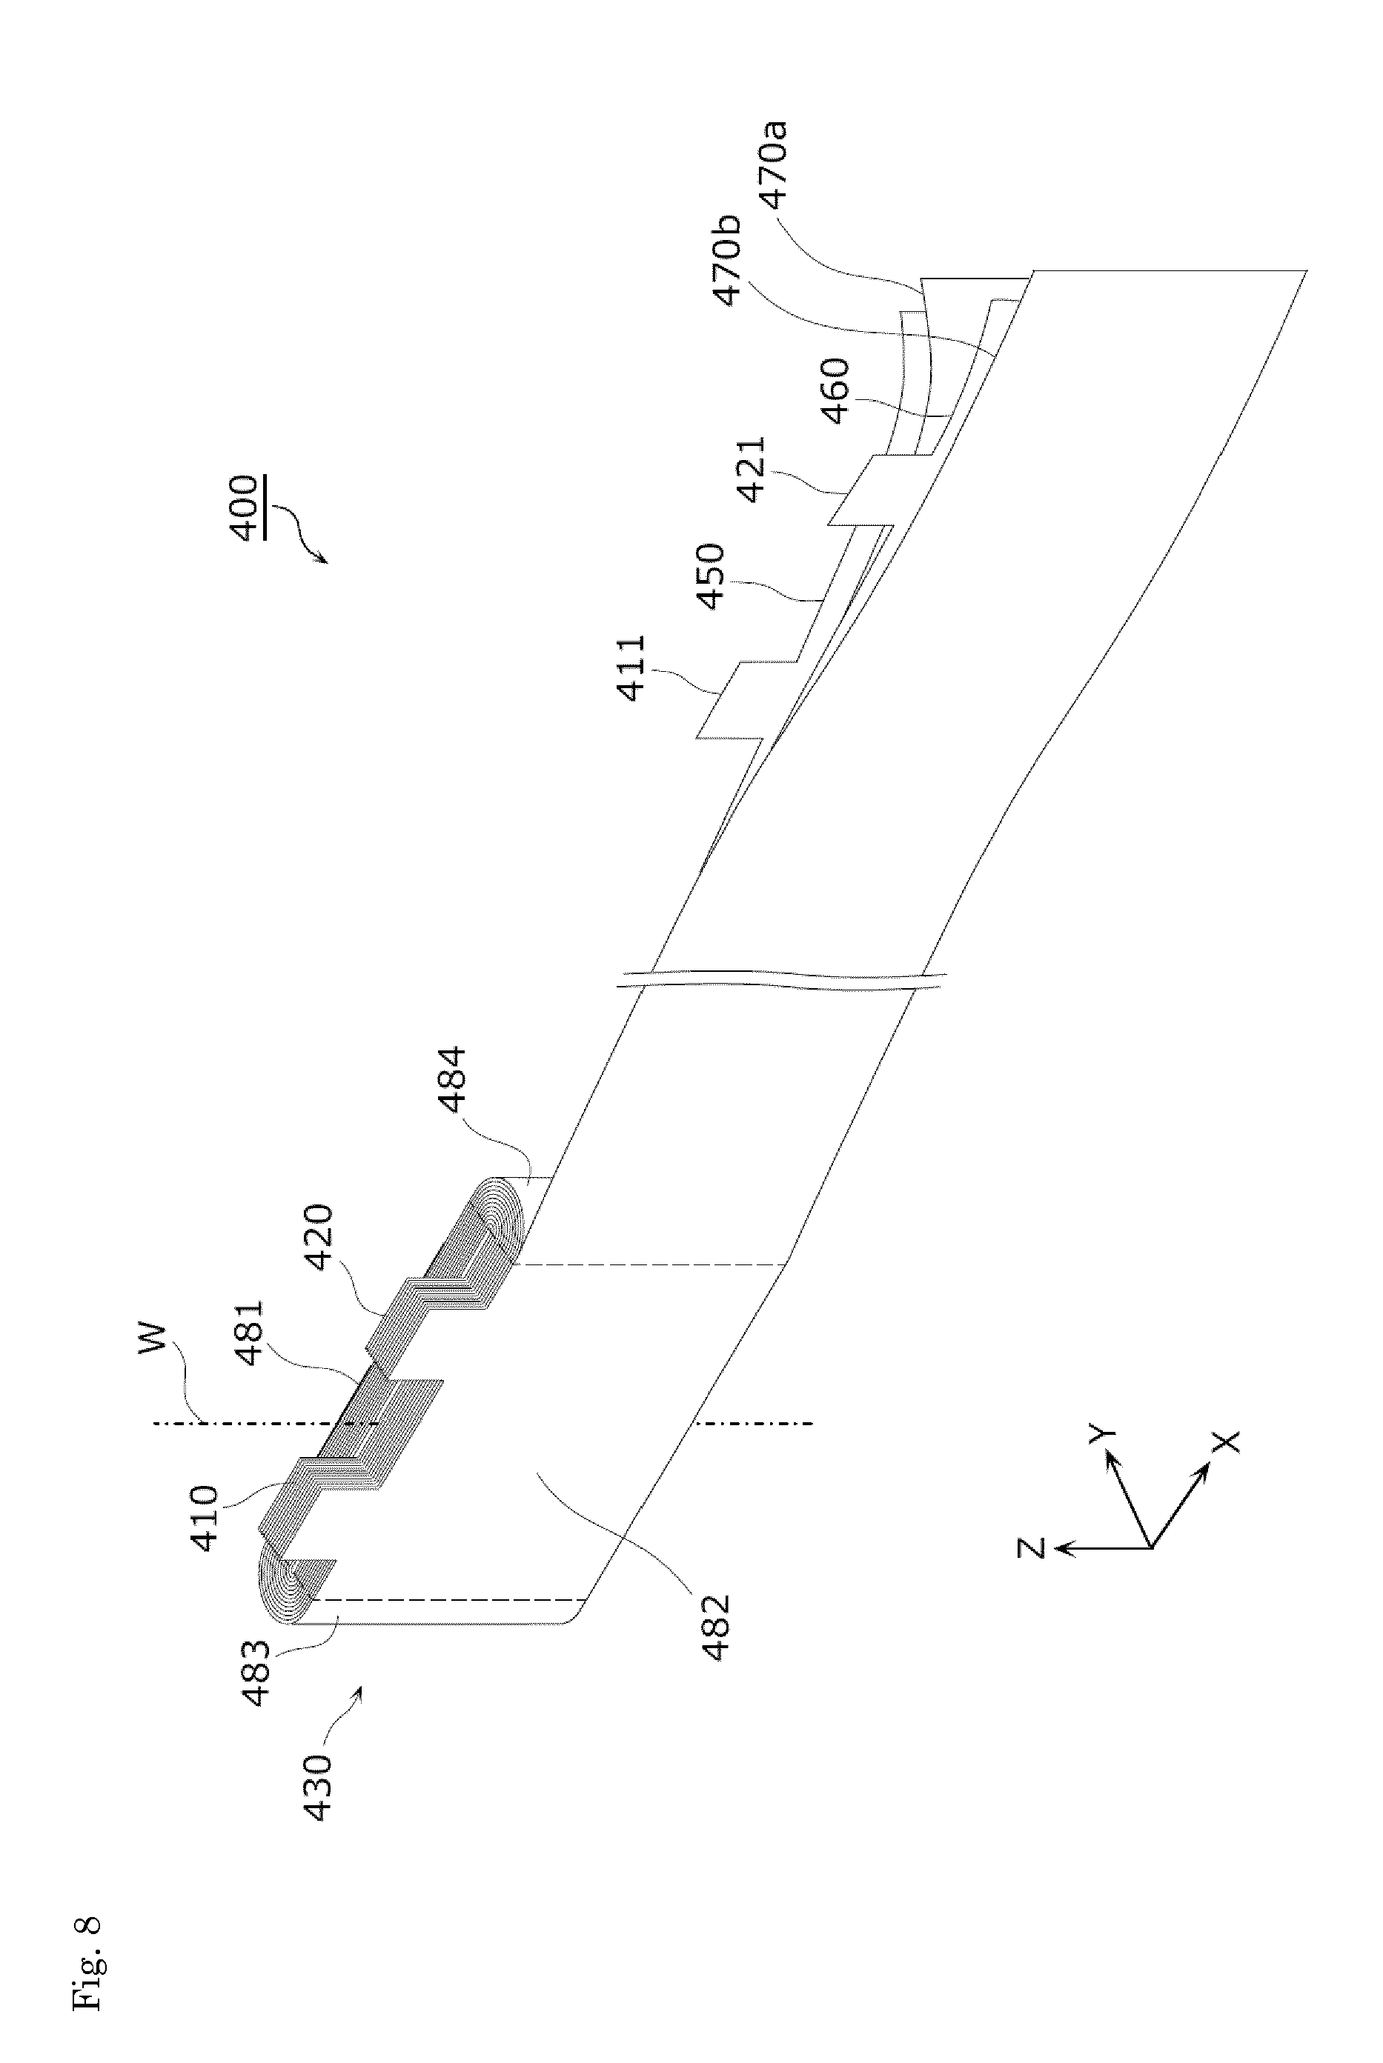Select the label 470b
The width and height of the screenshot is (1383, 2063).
click(729, 261)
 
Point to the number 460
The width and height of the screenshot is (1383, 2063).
click(835, 390)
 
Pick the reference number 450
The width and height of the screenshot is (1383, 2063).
click(710, 578)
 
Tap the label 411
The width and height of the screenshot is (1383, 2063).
click(632, 668)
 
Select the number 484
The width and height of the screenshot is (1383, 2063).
click(450, 1080)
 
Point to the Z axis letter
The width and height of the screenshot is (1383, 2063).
click(1031, 1547)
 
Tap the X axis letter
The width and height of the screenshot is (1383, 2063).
click(1227, 1442)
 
